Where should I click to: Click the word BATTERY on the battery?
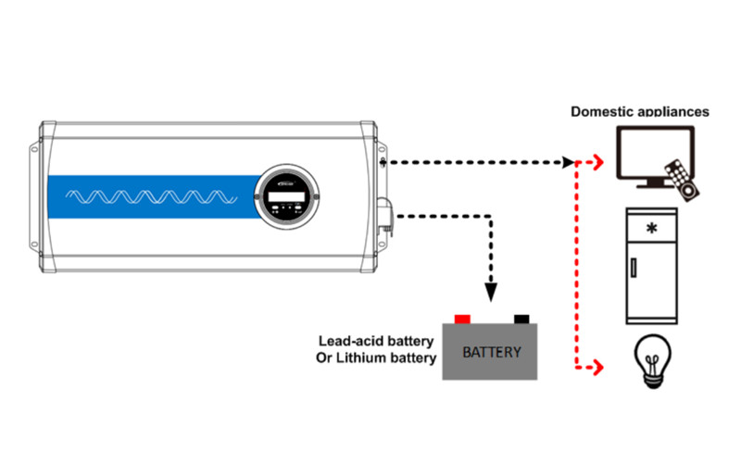(x=491, y=353)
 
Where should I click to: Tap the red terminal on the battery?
(x=462, y=320)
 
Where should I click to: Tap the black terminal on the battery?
(x=521, y=320)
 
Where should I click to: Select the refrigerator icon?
(x=652, y=265)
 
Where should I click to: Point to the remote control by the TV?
(x=684, y=180)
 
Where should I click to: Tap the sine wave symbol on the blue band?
(x=148, y=197)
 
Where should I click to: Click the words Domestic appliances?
(x=639, y=111)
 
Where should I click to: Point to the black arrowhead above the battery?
(x=491, y=292)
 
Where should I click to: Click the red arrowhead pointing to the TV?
(x=598, y=163)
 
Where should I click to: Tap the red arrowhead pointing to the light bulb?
(x=598, y=368)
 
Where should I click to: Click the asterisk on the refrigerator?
(x=652, y=228)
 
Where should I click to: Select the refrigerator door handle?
(x=634, y=269)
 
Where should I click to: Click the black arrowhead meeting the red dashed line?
(x=568, y=163)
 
